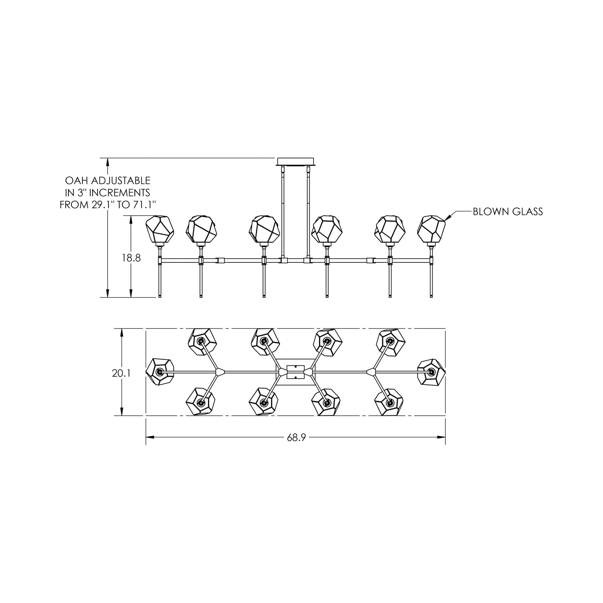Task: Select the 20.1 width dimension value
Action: click(x=121, y=373)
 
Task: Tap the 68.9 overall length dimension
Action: click(x=296, y=438)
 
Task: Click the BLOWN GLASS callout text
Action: click(x=508, y=212)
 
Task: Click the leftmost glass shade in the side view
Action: click(x=160, y=229)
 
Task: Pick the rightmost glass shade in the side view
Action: click(x=432, y=229)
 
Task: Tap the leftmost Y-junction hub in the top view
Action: click(x=220, y=372)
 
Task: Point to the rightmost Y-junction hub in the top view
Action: click(x=371, y=372)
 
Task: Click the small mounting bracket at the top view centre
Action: click(x=295, y=372)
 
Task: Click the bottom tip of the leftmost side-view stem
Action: click(x=160, y=297)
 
